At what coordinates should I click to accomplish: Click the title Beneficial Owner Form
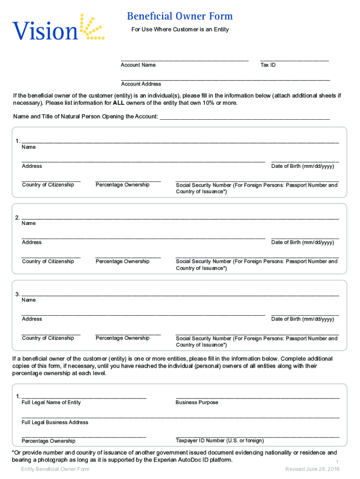click(x=180, y=17)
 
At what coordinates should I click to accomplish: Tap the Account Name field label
click(x=138, y=65)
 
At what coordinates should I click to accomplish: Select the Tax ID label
click(x=268, y=65)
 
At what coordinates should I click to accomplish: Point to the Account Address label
click(x=141, y=84)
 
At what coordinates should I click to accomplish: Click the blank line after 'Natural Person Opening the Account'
click(x=245, y=117)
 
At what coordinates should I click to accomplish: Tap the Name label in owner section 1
click(x=29, y=147)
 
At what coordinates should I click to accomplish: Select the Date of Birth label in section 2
click(x=302, y=242)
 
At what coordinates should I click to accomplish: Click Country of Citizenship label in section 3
click(x=48, y=338)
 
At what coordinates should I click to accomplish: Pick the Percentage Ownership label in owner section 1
click(x=122, y=185)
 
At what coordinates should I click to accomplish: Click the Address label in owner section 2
click(x=32, y=242)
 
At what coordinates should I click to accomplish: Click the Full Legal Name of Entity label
click(x=51, y=402)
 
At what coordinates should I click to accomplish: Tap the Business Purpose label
click(x=197, y=402)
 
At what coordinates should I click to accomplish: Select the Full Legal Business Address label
click(x=55, y=422)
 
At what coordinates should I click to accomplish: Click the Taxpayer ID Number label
click(x=220, y=441)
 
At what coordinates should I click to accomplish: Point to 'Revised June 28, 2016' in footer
click(x=312, y=469)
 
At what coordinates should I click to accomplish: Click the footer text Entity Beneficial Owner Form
click(x=55, y=469)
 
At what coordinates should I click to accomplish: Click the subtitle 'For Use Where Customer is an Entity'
click(x=179, y=30)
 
